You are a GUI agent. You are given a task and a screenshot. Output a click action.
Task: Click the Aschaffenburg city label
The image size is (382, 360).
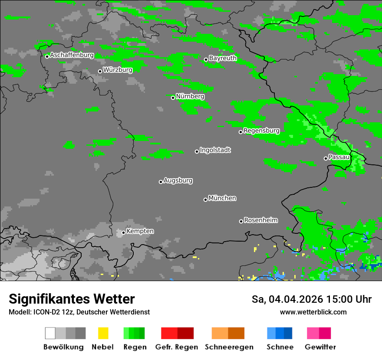(72, 55)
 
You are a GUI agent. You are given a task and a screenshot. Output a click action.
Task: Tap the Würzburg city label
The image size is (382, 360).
(118, 70)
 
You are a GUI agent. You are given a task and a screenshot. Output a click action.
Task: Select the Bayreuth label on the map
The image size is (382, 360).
(223, 58)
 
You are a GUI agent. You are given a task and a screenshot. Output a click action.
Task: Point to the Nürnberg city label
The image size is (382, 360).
(190, 96)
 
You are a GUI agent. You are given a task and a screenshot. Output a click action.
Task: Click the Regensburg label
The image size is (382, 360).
(261, 131)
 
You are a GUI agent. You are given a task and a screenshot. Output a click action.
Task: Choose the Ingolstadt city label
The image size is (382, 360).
(215, 150)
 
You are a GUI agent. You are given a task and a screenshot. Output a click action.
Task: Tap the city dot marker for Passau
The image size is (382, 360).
(326, 158)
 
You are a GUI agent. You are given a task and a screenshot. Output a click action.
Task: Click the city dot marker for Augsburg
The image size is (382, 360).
(161, 182)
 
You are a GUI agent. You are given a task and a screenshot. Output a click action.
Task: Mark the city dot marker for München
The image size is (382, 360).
(205, 200)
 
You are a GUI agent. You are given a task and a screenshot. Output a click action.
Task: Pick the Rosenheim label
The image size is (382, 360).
(261, 220)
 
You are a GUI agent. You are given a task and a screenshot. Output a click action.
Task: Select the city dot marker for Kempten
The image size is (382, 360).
(123, 232)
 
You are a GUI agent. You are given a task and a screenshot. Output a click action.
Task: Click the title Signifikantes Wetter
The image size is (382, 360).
(72, 299)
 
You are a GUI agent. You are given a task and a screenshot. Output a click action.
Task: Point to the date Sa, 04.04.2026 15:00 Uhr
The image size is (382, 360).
(311, 299)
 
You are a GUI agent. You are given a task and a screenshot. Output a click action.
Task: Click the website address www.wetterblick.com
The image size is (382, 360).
(313, 312)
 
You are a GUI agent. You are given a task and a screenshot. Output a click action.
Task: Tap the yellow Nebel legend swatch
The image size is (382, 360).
(103, 333)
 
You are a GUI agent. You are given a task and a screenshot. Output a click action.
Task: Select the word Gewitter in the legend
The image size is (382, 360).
(320, 347)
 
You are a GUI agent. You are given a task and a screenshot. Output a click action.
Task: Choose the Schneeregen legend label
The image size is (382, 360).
(228, 347)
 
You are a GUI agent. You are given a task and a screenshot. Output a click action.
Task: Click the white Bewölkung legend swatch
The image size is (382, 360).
(50, 333)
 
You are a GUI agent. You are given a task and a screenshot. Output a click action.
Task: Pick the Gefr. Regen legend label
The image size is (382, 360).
(177, 347)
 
